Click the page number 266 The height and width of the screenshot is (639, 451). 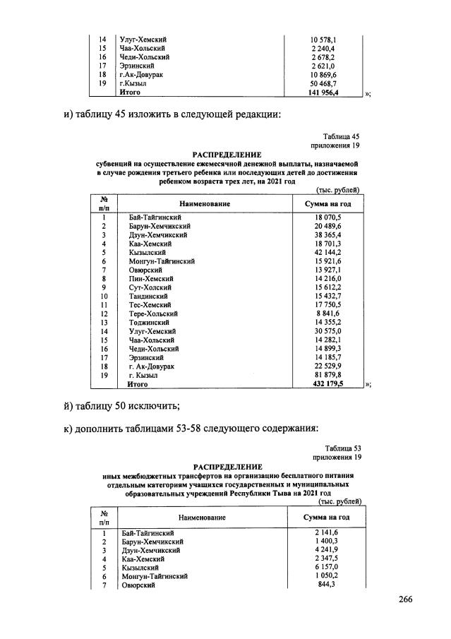pyautogui.click(x=404, y=599)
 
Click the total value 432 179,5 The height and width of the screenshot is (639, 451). pyautogui.click(x=327, y=385)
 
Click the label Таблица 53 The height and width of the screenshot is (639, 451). pyautogui.click(x=343, y=448)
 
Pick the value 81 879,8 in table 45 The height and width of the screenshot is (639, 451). pyautogui.click(x=327, y=376)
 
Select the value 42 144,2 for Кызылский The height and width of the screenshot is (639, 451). pyautogui.click(x=327, y=252)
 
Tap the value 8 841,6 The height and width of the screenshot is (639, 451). pyautogui.click(x=327, y=313)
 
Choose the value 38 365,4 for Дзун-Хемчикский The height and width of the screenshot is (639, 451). pyautogui.click(x=327, y=234)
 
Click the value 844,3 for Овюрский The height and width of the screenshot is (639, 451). pyautogui.click(x=327, y=585)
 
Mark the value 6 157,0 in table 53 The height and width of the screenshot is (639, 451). pyautogui.click(x=327, y=567)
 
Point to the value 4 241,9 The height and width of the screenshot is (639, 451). pyautogui.click(x=327, y=549)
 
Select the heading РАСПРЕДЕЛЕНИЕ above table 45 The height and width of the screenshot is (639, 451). pyautogui.click(x=227, y=154)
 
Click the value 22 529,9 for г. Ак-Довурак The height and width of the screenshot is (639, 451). pyautogui.click(x=327, y=366)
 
